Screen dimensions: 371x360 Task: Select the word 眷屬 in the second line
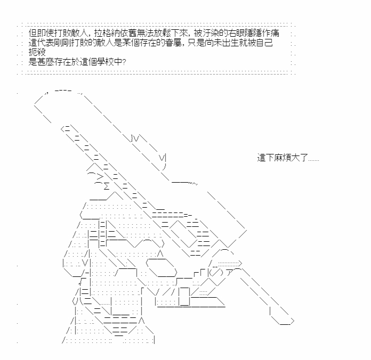coord(173,43)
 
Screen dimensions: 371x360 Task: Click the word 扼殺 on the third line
coord(37,52)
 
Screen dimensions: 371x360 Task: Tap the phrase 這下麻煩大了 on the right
coord(283,158)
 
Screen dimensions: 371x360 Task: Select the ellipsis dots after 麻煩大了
coord(313,160)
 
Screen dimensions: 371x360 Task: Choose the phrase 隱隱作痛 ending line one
coord(262,33)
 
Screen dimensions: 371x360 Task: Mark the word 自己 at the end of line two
coord(264,43)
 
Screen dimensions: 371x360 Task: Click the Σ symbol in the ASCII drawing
coord(107,186)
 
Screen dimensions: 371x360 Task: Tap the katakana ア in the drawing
coord(230,273)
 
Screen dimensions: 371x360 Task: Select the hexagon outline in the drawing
coord(162,267)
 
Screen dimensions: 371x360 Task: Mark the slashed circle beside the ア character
coord(216,273)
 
